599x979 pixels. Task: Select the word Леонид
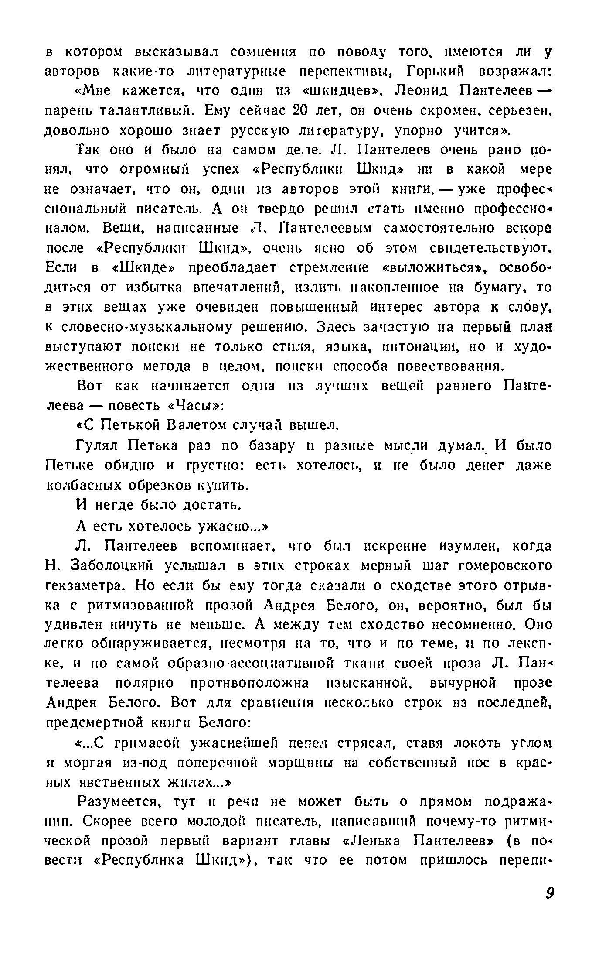(x=422, y=91)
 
